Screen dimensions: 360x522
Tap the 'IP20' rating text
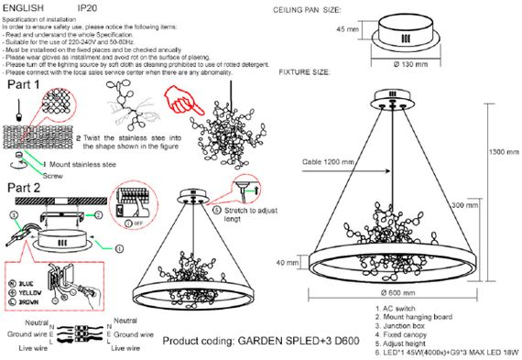coord(90,6)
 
